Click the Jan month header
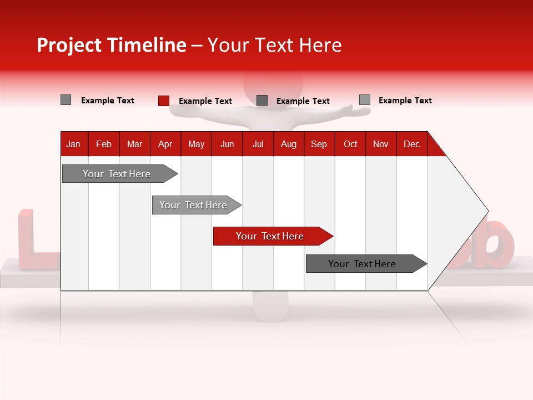tap(73, 144)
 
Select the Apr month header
tap(165, 144)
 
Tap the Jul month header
tap(258, 144)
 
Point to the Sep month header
tap(319, 144)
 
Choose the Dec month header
tap(411, 144)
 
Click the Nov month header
tap(380, 144)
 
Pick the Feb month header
tap(104, 144)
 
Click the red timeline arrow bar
tap(272, 236)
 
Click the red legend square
tap(163, 101)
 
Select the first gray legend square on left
tap(66, 100)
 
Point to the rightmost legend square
tap(364, 100)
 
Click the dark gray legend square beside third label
tap(262, 101)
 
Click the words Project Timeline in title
tap(111, 45)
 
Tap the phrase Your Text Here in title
tap(274, 45)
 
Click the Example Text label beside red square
tap(205, 101)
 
